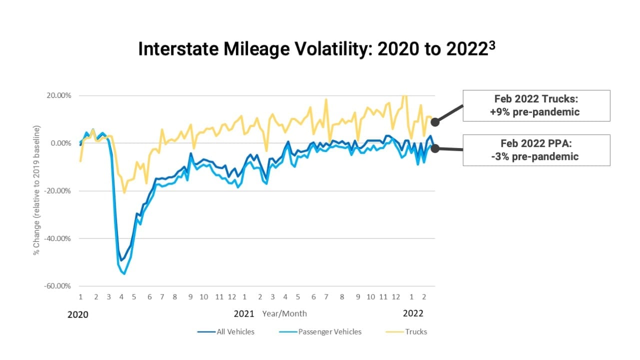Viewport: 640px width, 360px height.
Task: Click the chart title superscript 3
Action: [x=492, y=43]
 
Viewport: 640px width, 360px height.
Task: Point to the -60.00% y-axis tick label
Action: [x=57, y=286]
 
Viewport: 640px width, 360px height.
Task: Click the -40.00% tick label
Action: [x=57, y=238]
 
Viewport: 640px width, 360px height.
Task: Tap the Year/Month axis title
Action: [x=284, y=314]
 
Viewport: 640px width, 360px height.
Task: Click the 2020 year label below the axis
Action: [x=77, y=314]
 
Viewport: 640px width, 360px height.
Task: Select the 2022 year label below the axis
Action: [x=413, y=313]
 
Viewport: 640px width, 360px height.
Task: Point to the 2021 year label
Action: [x=244, y=314]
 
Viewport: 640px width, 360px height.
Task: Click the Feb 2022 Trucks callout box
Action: [x=536, y=105]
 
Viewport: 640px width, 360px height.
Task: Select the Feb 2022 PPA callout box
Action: [x=536, y=150]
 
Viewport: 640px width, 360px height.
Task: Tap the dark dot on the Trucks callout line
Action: [x=435, y=122]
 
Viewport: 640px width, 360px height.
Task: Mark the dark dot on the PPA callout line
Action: [x=435, y=148]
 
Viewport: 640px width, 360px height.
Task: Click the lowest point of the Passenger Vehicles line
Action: [x=124, y=274]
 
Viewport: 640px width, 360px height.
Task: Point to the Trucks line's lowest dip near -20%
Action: [x=124, y=192]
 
